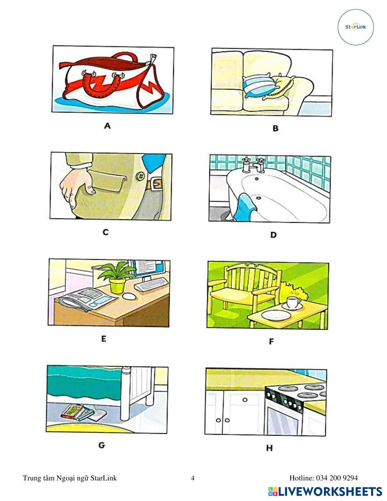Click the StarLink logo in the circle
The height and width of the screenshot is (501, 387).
(355, 27)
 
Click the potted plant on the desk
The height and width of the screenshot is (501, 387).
(117, 277)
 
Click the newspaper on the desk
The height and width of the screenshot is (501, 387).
(87, 299)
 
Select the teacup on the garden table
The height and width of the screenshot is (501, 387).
(293, 303)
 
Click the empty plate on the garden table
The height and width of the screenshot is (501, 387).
(276, 315)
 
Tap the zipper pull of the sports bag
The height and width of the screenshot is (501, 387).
(153, 58)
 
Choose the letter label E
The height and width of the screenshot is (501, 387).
(104, 339)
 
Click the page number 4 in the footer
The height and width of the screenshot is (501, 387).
(193, 478)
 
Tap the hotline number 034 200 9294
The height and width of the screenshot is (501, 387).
(337, 478)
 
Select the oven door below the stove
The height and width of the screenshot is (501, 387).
(283, 419)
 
